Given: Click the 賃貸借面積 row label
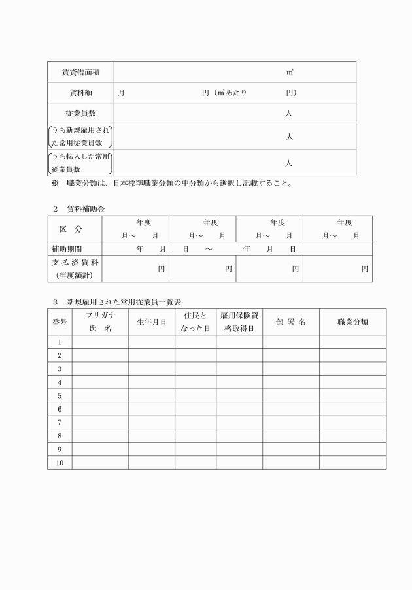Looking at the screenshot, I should (80, 72).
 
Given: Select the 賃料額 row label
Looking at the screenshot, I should (80, 93).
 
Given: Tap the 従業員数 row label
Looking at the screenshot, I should (80, 113).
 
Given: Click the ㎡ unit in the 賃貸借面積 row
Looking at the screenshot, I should (289, 72).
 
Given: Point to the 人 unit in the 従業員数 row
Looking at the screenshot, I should (289, 113).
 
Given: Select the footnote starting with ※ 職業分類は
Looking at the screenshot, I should (171, 184).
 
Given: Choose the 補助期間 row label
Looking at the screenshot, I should (67, 249).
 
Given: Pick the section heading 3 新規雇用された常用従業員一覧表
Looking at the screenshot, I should (117, 302).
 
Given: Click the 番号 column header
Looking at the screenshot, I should (60, 321).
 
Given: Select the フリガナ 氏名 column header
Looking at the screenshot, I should (99, 321).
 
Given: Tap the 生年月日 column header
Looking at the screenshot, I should (151, 321).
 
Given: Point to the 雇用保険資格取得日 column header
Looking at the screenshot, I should (239, 321).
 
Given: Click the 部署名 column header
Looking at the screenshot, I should (290, 321).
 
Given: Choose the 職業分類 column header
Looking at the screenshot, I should (352, 321).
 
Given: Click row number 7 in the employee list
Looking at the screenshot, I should (60, 422).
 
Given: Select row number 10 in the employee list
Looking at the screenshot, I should (60, 463).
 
